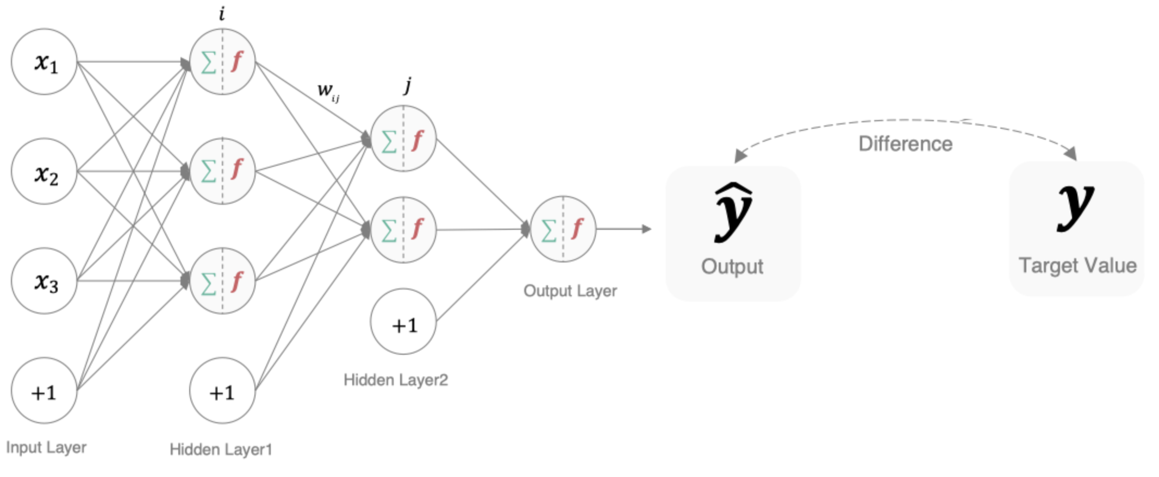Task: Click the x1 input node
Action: coord(44,62)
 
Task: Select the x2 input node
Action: coord(44,172)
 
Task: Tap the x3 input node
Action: coord(44,281)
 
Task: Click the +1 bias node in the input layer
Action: coord(44,391)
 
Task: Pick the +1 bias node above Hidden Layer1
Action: coord(222,391)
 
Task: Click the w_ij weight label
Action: coord(328,91)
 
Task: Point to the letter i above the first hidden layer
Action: coord(222,14)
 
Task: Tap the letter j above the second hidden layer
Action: coord(407,85)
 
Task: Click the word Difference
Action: coord(905,144)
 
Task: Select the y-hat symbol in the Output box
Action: coord(733,212)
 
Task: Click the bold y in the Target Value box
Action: coord(1075,206)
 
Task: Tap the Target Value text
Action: coord(1077,266)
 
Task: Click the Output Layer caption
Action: coord(570,291)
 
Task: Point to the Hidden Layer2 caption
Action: coord(396,380)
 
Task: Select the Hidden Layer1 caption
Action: coord(221,449)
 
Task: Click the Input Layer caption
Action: coord(46,448)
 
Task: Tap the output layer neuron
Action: coord(563,229)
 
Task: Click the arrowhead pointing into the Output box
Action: coord(646,229)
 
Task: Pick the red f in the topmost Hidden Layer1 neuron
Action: coord(236,61)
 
